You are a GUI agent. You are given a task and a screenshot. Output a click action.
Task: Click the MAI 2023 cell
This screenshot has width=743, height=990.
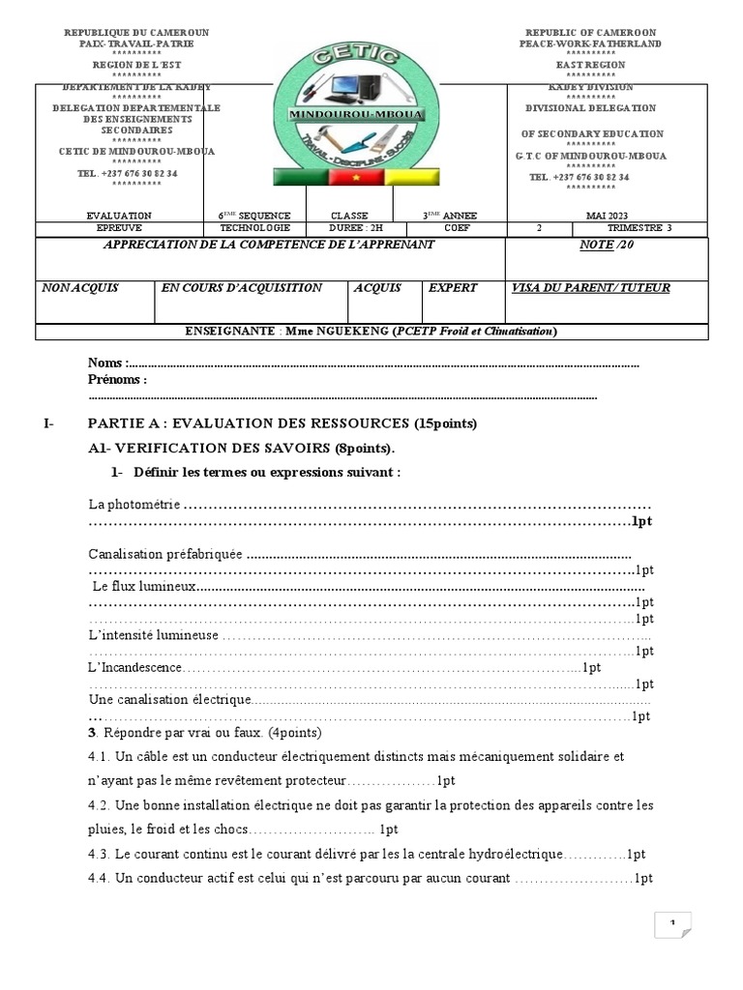pyautogui.click(x=607, y=216)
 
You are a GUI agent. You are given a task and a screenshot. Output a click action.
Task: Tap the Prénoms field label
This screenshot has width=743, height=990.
pyautogui.click(x=117, y=380)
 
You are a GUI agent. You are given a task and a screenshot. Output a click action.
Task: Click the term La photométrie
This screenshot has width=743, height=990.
pyautogui.click(x=134, y=505)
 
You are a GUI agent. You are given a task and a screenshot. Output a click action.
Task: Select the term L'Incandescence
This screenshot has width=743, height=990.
pyautogui.click(x=134, y=668)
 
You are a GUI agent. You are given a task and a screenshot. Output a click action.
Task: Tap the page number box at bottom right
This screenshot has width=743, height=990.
pyautogui.click(x=672, y=925)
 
